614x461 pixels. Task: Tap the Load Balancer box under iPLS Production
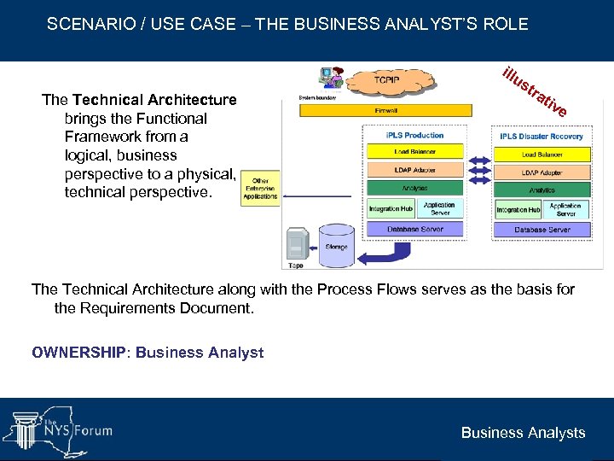click(x=414, y=151)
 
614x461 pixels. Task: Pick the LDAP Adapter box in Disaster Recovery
click(x=542, y=172)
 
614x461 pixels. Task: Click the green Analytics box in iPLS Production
click(x=414, y=188)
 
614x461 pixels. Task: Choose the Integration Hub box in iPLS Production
click(x=391, y=208)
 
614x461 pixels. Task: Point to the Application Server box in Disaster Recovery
click(x=565, y=209)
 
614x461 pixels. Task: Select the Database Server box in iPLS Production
click(x=414, y=229)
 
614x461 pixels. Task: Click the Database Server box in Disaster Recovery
click(x=542, y=229)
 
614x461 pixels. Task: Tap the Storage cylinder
click(x=336, y=243)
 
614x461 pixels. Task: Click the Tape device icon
click(x=296, y=244)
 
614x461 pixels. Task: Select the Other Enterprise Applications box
click(x=260, y=190)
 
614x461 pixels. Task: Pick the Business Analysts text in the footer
click(x=523, y=433)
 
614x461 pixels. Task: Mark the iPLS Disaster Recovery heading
click(x=542, y=136)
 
